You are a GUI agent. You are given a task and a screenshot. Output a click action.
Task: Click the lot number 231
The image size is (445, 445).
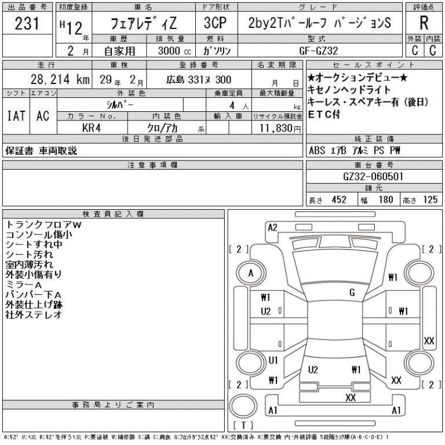27,23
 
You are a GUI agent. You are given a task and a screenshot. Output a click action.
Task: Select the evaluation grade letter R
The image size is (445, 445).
424,23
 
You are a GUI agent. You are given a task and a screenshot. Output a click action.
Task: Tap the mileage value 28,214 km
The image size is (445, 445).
60,79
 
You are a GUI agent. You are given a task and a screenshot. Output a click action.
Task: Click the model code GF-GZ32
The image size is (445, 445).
319,51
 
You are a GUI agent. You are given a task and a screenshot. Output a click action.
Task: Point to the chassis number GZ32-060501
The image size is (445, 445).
373,177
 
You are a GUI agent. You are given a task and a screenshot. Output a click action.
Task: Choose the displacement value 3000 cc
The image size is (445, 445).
174,51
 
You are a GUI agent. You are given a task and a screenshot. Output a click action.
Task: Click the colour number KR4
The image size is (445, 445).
92,127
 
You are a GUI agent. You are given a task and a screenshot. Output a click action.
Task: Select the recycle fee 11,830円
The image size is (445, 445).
280,128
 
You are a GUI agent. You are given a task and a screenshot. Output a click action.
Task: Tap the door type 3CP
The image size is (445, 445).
215,23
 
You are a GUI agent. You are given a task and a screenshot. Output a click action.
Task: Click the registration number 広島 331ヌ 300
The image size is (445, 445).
199,80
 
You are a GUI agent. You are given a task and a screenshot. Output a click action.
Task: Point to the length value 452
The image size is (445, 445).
339,199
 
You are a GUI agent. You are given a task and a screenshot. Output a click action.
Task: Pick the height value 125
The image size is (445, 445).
431,199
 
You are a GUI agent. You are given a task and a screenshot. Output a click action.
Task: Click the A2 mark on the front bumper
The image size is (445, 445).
272,227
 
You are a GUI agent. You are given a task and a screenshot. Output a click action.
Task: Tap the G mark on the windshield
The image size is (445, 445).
352,292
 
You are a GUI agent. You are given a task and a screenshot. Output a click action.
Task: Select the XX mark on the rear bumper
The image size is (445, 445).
351,397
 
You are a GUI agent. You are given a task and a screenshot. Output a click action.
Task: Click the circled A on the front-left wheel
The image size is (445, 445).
251,273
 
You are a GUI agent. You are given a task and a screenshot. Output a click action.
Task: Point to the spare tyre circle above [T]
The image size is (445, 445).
243,406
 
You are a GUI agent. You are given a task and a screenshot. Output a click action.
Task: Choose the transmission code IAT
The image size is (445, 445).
16,116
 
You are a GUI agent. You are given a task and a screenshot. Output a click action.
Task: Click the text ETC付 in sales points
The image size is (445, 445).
324,114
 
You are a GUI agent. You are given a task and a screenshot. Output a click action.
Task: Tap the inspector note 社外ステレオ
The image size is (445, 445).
34,315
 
